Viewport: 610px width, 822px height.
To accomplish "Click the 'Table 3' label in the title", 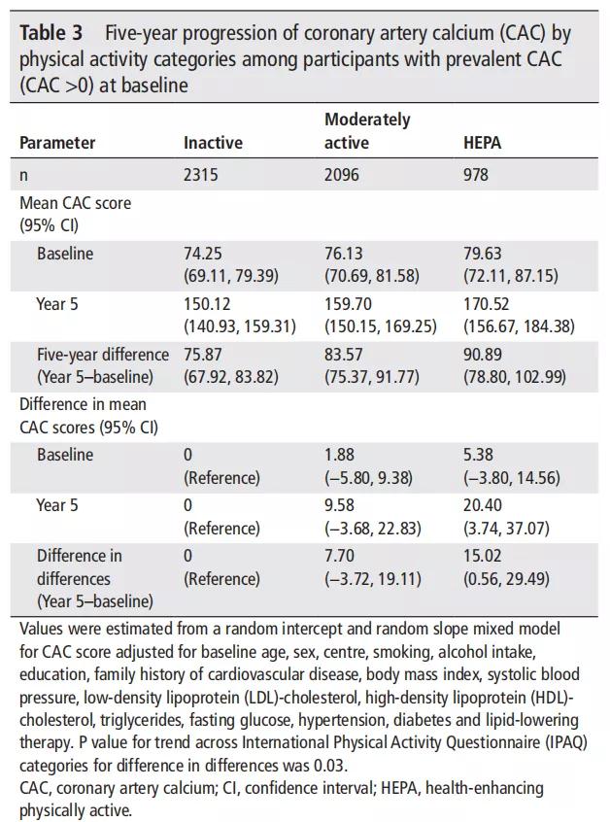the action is click(x=51, y=33).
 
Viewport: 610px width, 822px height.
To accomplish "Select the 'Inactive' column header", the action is click(x=213, y=143).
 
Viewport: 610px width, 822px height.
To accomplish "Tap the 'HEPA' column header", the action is click(x=482, y=143).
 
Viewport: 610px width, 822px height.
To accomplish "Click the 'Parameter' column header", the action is click(x=57, y=143).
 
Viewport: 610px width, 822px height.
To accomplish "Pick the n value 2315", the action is click(x=201, y=174).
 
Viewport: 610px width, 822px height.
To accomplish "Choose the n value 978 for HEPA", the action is click(x=475, y=174).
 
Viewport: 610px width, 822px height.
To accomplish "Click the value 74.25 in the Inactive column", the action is click(x=203, y=254).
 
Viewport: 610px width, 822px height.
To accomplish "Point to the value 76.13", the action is click(x=343, y=254).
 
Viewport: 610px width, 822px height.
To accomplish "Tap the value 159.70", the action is click(x=347, y=304).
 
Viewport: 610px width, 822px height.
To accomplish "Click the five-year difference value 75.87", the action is click(x=203, y=355).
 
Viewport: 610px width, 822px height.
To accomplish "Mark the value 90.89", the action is click(x=483, y=355).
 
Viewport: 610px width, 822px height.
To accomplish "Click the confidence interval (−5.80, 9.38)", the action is click(x=368, y=478).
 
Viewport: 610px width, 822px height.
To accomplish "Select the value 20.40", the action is click(x=482, y=505).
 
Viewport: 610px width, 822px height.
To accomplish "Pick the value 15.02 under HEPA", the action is click(x=482, y=556).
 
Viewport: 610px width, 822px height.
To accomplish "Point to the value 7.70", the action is click(x=339, y=556).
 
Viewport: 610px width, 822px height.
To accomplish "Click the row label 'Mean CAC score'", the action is click(x=76, y=203).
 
